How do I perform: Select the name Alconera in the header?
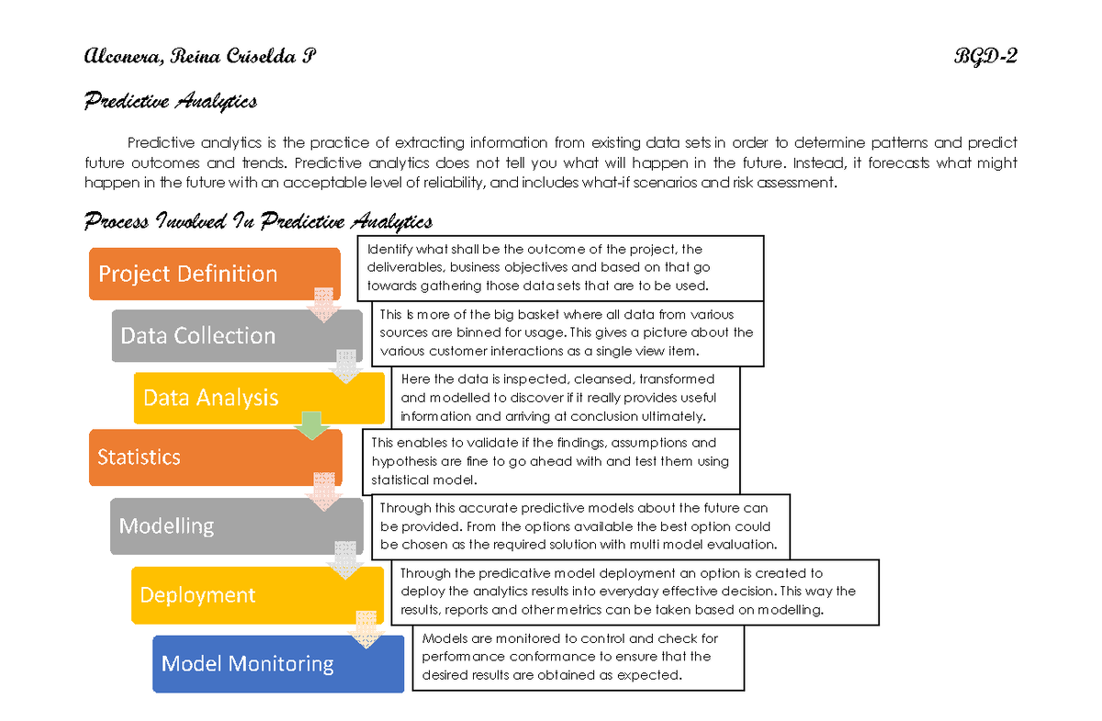121,57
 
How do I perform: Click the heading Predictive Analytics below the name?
171,101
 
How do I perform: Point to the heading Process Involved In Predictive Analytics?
258,221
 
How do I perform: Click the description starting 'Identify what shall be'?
560,267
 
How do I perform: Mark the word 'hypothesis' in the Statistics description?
403,462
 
